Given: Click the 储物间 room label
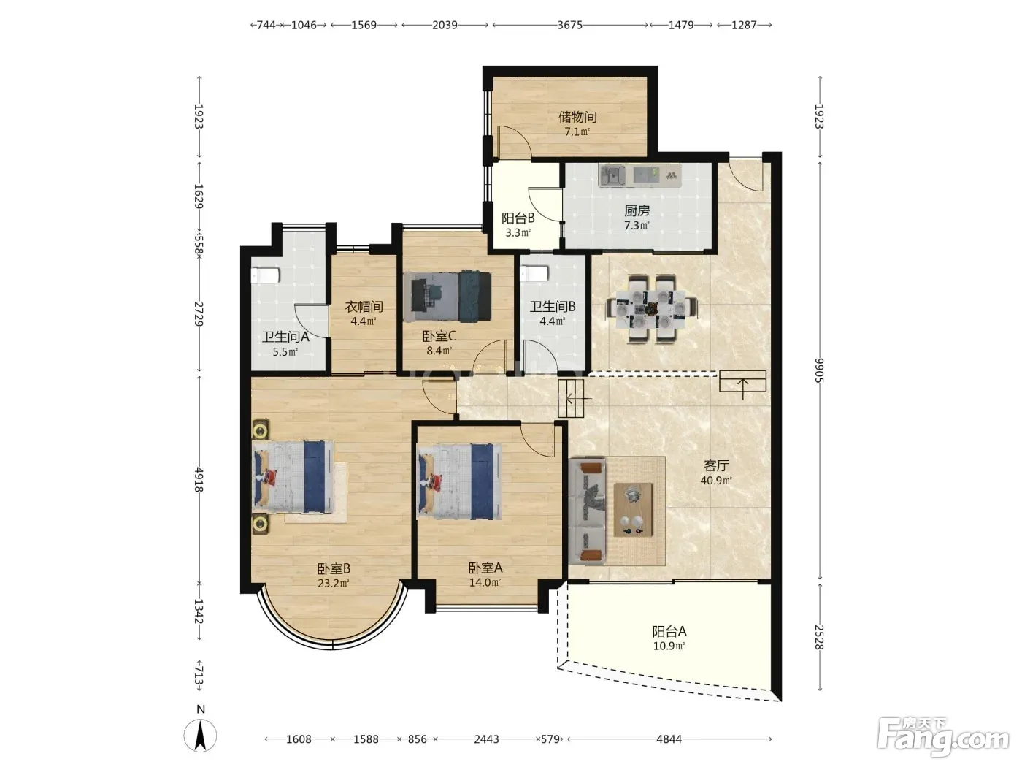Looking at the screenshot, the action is [577, 116].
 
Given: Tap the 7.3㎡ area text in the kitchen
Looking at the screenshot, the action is [637, 226].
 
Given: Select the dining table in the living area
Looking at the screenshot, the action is [652, 308].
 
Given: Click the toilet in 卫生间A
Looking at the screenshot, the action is [264, 275].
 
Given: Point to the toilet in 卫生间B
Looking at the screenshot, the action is [534, 273].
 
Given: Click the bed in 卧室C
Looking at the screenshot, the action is [447, 296].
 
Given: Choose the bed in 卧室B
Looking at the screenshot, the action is [293, 476].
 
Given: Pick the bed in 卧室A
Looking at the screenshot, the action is [460, 481].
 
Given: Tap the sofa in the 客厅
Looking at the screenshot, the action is [588, 511].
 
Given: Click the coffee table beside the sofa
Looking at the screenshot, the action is [633, 509].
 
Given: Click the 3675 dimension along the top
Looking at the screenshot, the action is [570, 25].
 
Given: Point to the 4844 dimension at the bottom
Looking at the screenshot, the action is [669, 739].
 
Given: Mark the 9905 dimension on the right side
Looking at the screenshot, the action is [819, 370].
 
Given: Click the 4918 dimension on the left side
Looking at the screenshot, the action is [199, 479].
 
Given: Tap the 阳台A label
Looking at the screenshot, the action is [669, 631].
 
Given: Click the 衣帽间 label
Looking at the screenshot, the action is [364, 306].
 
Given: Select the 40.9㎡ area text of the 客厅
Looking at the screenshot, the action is [716, 480].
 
